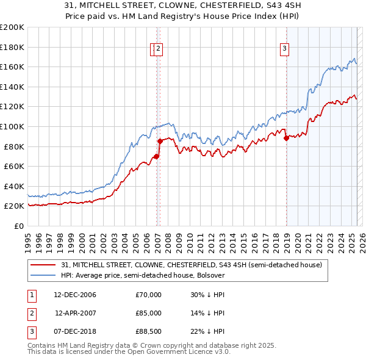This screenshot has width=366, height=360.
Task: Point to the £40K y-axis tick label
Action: [x=13, y=186]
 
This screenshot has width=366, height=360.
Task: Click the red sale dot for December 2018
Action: [x=286, y=138]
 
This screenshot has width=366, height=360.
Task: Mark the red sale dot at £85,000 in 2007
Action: [x=160, y=142]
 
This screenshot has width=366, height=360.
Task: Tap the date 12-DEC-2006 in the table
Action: [x=75, y=295]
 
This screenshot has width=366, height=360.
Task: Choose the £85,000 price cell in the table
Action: [x=149, y=313]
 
